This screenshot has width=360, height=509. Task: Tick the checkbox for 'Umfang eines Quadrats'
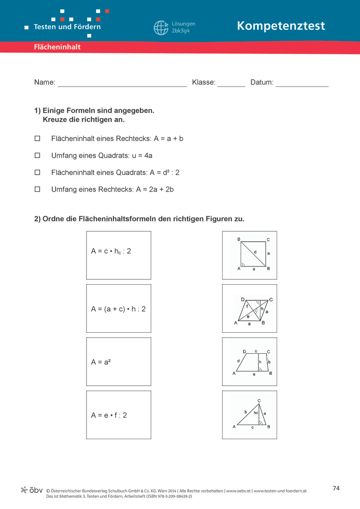[x=38, y=155]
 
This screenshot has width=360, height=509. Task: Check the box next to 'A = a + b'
[x=38, y=138]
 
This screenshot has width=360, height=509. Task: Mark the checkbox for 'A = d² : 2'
[x=38, y=172]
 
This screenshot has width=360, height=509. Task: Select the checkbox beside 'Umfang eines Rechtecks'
[x=38, y=189]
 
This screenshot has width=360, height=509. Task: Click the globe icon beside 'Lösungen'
[x=161, y=27]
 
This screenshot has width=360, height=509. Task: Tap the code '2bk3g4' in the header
[x=180, y=31]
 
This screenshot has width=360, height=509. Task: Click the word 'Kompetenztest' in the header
[x=281, y=26]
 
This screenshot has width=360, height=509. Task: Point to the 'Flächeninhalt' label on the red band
[x=57, y=47]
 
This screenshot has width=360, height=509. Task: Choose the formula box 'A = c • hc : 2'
[x=119, y=255]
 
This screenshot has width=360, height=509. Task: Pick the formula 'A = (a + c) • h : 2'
[x=119, y=308]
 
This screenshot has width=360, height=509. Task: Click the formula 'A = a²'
[x=119, y=361]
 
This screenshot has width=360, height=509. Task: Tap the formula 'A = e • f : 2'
[x=119, y=415]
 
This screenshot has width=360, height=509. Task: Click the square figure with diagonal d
[x=250, y=255]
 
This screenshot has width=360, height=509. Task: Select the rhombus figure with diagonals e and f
[x=250, y=308]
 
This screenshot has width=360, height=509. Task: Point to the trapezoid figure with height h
[x=250, y=361]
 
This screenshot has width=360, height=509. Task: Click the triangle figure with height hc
[x=250, y=415]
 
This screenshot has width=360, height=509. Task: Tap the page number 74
[x=336, y=488]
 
